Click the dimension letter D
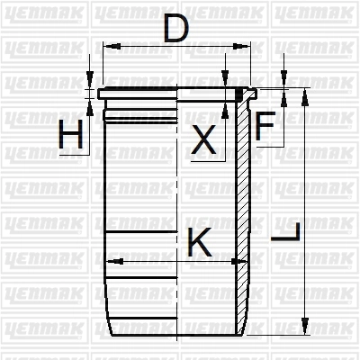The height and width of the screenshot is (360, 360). coord(176,28)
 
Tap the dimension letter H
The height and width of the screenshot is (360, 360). coord(71,134)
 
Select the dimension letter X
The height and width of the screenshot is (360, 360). coord(203,139)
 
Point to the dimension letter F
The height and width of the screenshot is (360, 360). coord(265,126)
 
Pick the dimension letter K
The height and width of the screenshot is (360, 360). coord(200,242)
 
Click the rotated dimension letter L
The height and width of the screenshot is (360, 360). coord(285,231)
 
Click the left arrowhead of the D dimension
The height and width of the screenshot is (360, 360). coord(112,46)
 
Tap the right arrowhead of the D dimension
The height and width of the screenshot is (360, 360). coord(241,46)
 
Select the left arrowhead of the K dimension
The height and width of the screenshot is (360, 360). coord(115,261)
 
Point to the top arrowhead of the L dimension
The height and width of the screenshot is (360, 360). coord(305,97)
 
